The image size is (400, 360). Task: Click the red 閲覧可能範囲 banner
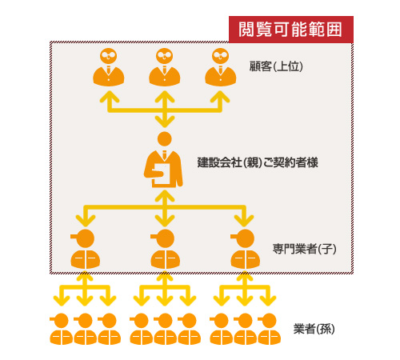[x=291, y=30]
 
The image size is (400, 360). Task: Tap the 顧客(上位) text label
[x=276, y=66]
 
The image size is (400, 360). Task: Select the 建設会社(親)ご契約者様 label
[x=258, y=162]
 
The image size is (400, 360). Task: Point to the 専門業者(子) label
[x=304, y=249]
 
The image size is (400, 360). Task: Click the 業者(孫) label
[x=314, y=329]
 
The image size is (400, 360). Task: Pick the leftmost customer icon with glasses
[x=109, y=67]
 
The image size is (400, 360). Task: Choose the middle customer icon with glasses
[x=165, y=67]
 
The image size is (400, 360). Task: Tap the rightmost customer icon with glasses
[x=221, y=67]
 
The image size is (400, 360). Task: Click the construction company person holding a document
[x=163, y=159]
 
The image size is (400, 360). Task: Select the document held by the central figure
[x=162, y=174]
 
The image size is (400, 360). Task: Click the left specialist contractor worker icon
[x=85, y=249]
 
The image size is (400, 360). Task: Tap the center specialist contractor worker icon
[x=165, y=249]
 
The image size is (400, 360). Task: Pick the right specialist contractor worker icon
[x=245, y=249]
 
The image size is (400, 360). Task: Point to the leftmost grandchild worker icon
[x=61, y=329]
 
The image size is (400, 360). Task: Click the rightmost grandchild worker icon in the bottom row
[x=269, y=329]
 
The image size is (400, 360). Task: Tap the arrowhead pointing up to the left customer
[x=110, y=97]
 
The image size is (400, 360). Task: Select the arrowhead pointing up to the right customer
[x=220, y=97]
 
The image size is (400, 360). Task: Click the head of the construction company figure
[x=165, y=139]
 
